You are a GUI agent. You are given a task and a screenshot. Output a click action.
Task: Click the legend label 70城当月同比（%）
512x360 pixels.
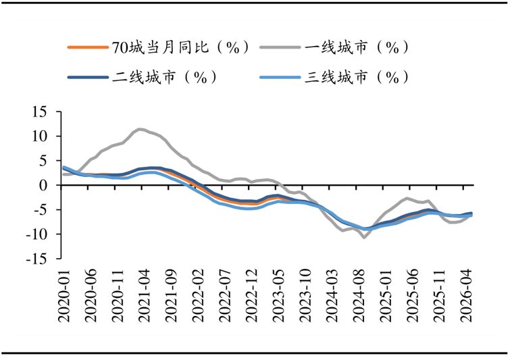coord(180,47)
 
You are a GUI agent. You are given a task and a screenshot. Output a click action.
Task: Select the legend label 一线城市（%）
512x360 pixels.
coord(357,47)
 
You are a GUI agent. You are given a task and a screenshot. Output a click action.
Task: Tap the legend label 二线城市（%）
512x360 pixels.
coord(164,78)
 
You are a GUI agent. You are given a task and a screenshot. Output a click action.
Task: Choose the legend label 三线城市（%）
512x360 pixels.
coord(357,78)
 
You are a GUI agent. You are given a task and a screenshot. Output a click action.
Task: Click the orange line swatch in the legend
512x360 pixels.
coord(88,47)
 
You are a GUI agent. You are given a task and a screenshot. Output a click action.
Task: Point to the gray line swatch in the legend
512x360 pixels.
coord(280,47)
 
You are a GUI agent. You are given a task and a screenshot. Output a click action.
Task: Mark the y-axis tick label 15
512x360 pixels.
coord(39,112)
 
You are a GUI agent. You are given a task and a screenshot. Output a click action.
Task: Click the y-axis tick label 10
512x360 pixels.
coord(39,136)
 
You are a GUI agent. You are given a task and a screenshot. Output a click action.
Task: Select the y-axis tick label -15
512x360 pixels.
coord(37,259)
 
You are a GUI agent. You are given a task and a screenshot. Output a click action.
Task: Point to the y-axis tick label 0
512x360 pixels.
coord(43,185)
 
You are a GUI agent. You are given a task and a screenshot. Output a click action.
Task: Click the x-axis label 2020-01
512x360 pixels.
coord(64,296)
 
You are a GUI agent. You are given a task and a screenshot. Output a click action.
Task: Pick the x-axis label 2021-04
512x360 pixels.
coord(144,296)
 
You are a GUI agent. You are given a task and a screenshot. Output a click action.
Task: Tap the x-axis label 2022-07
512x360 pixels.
coord(224,296)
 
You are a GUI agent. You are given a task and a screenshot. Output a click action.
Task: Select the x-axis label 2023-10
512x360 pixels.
coord(305,296)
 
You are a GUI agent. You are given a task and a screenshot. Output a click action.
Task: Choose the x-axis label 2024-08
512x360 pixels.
coord(358,296)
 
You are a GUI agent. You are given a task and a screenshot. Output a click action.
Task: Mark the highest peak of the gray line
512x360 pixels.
coord(139,129)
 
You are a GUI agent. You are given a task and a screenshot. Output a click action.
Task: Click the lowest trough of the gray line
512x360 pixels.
coord(364,238)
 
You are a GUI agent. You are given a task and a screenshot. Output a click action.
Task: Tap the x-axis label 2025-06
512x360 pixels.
coord(412,296)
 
